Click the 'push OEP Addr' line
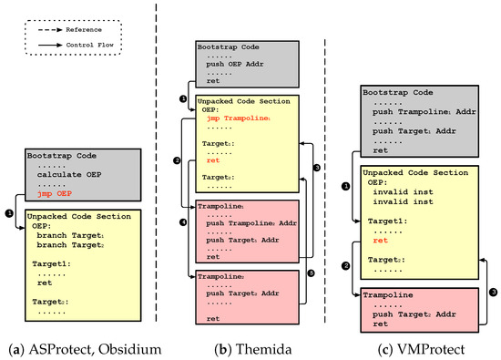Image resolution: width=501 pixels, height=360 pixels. (x=239, y=66)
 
